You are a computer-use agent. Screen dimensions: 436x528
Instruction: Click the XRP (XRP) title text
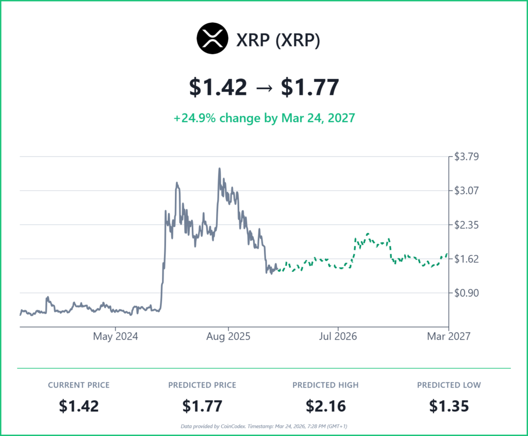pos(278,40)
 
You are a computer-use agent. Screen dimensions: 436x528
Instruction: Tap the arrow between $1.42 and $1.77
pos(264,87)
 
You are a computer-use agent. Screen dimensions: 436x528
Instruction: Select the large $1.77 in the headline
pos(309,87)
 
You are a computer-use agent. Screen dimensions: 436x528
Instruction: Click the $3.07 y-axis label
pos(466,190)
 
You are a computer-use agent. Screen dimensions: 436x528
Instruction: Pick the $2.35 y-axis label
pos(466,224)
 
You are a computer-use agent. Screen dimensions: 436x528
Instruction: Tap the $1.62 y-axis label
pos(466,259)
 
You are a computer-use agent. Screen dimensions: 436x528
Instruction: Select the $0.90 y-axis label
pos(466,293)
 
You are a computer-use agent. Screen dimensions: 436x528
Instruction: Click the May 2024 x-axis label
pos(115,337)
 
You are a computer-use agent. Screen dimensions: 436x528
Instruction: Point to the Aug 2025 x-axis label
pos(228,337)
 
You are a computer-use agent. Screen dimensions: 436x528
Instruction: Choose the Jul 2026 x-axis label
pos(338,337)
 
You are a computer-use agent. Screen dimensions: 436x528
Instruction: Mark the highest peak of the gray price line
pos(220,168)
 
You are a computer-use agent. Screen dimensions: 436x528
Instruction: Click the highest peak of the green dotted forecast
pos(368,234)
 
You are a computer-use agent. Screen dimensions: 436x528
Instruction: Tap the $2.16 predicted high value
pos(325,406)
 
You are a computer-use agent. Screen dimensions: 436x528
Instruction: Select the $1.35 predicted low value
pos(449,406)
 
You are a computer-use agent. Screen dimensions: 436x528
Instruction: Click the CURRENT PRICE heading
pos(79,385)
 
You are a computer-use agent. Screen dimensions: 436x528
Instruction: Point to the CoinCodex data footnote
pos(264,426)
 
